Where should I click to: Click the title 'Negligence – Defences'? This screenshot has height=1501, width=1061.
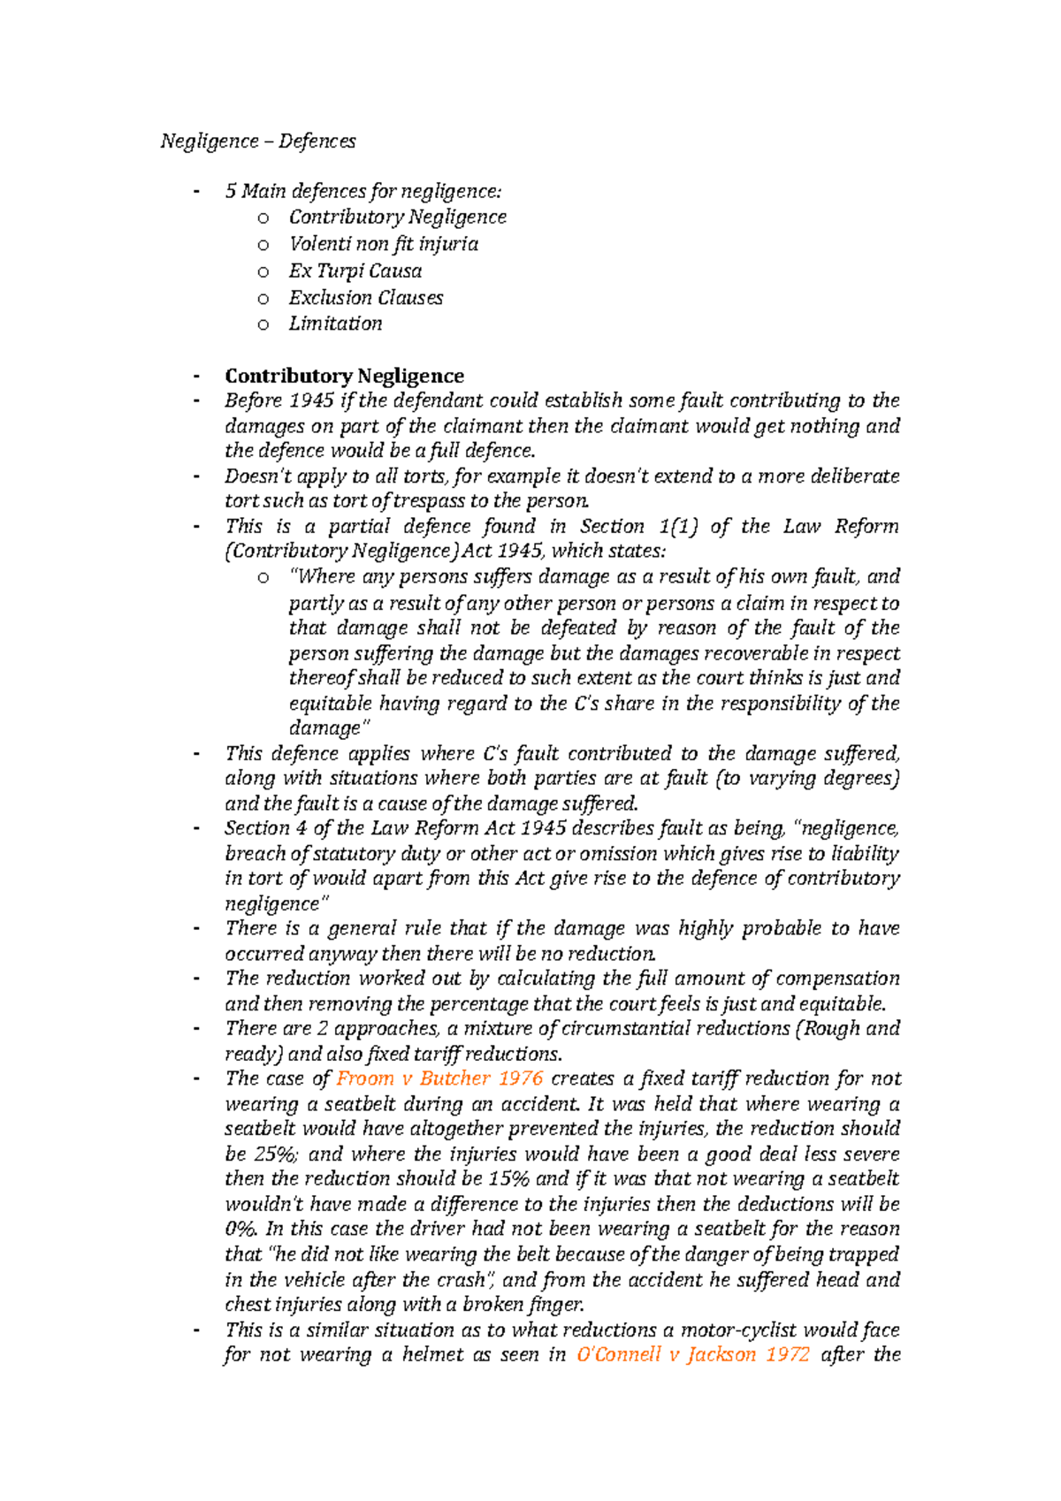[x=257, y=141]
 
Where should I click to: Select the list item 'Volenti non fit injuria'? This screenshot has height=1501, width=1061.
[x=383, y=244]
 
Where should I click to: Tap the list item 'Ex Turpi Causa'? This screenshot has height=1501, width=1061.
[x=355, y=270]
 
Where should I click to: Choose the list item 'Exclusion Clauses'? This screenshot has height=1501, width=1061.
[x=365, y=297]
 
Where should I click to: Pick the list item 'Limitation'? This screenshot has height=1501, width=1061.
[x=335, y=324]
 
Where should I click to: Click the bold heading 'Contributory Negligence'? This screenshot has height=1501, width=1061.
[x=344, y=376]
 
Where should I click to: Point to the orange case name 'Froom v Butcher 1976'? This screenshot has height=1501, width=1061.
[x=439, y=1078]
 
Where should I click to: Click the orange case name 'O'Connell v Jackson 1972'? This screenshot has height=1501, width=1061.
[x=692, y=1354]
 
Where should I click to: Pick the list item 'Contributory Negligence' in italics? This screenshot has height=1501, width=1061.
[x=397, y=217]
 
